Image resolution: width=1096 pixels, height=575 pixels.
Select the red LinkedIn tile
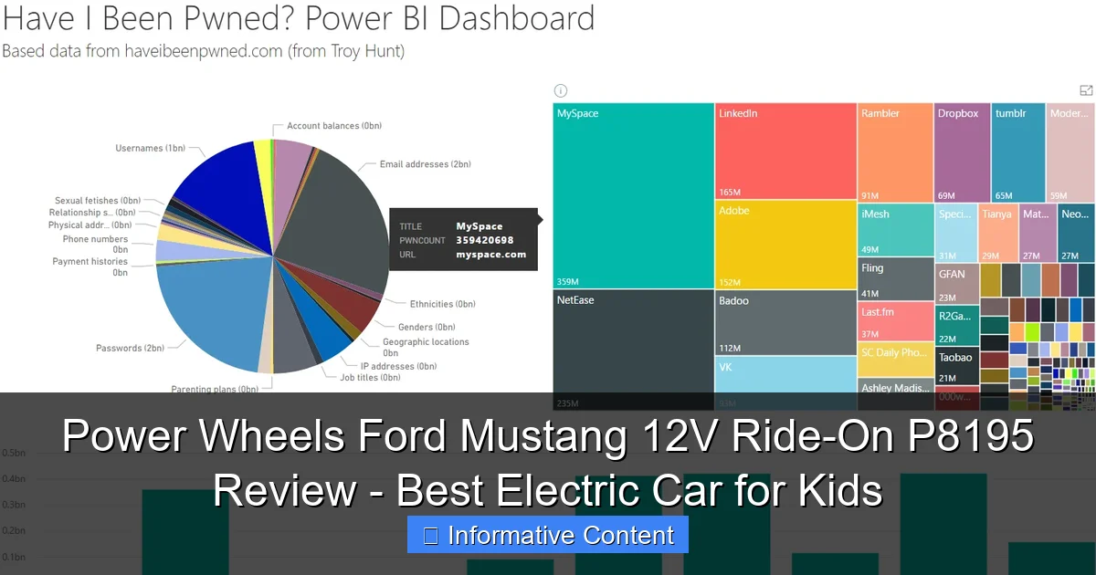pos(785,151)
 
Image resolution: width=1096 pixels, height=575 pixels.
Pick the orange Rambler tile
pos(894,152)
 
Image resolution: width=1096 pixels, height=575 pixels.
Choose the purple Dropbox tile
pos(961,152)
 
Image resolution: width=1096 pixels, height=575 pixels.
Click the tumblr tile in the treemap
pos(1017,152)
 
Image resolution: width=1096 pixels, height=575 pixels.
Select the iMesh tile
pos(894,231)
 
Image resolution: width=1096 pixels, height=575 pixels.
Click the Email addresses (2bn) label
pos(426,164)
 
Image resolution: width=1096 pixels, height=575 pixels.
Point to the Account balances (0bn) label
pos(335,126)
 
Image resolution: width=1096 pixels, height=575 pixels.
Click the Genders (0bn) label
pos(427,327)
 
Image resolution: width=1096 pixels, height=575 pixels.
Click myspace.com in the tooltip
pos(491,255)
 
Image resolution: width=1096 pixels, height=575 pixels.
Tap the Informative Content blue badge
pos(548,536)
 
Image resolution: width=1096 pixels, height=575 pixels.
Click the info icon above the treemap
pos(561,90)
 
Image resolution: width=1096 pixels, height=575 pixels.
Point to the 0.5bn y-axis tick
pos(13,454)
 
